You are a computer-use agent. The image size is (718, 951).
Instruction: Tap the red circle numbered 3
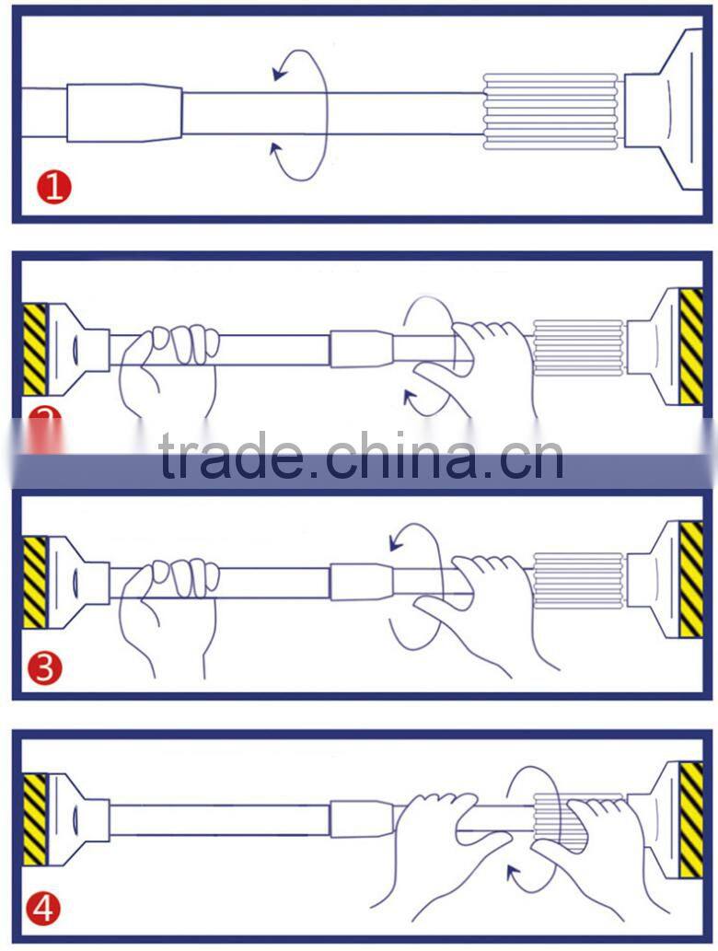44,667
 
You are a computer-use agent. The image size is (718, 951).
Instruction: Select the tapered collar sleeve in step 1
123,113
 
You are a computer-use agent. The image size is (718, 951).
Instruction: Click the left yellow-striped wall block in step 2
34,348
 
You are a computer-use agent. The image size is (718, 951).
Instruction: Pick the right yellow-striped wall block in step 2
690,346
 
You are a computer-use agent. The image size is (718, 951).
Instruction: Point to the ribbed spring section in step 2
578,348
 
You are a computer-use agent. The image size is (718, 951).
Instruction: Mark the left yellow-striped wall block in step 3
34,581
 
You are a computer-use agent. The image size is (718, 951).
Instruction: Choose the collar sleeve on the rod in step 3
361,582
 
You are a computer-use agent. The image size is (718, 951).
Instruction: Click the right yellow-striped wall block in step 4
690,819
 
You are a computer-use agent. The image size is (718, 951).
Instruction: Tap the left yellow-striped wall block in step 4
34,818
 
